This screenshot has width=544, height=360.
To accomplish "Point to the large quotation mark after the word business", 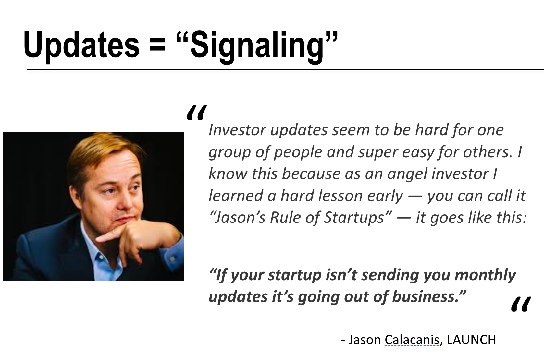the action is [521, 304].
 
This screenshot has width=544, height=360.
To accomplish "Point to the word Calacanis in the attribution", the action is [412, 340].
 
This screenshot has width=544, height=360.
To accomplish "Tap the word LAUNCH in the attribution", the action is [471, 340].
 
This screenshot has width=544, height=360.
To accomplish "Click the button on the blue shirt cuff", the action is [172, 259].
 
